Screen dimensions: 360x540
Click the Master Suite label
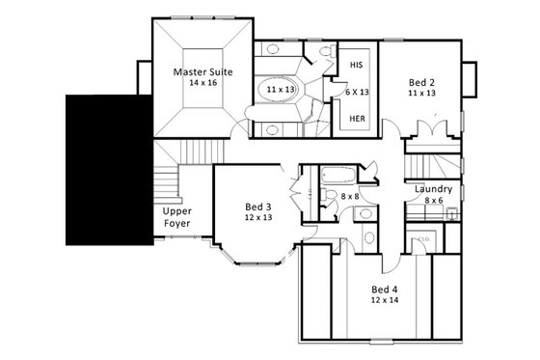pyautogui.click(x=200, y=71)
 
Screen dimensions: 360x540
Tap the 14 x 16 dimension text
pyautogui.click(x=200, y=84)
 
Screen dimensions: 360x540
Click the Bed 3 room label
pyautogui.click(x=257, y=207)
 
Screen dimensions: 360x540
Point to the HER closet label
pyautogui.click(x=356, y=120)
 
